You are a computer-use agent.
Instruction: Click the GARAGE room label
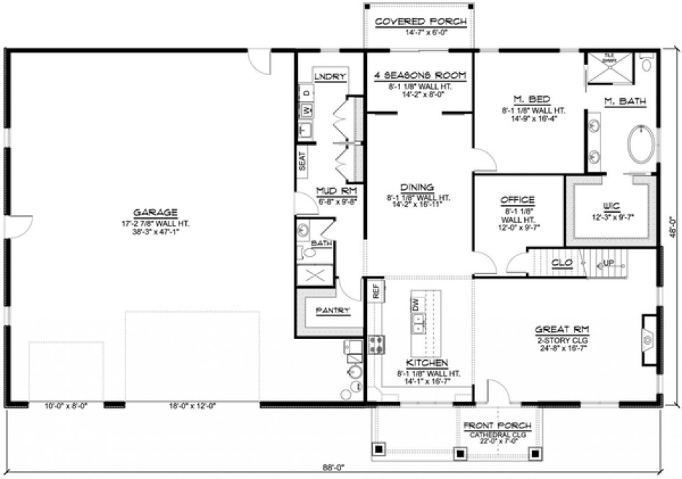(155, 212)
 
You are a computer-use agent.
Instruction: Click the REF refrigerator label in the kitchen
(376, 291)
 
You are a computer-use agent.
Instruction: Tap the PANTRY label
(333, 311)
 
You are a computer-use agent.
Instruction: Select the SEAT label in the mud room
(302, 161)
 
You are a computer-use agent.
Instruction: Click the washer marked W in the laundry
(305, 110)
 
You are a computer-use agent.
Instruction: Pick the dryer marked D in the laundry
(305, 93)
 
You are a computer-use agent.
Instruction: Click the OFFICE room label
(517, 200)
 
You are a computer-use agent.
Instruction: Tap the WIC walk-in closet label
(611, 205)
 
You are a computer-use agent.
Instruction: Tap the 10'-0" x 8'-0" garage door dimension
(66, 406)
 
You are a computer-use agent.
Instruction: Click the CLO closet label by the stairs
(562, 263)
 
